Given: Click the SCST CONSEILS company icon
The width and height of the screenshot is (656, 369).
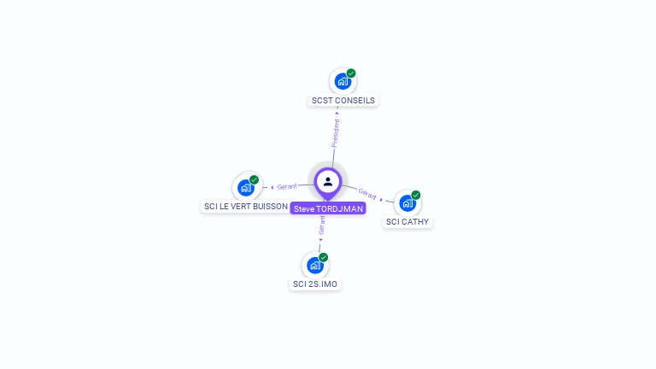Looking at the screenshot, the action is coord(343,82).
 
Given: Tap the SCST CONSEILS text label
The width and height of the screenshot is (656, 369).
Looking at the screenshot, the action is coord(343,101).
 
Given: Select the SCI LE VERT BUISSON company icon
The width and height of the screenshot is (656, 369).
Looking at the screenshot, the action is coord(246,188).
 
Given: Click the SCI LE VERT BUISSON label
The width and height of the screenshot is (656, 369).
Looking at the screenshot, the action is coord(246,207).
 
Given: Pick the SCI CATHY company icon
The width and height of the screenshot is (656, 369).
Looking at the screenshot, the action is coord(407,203).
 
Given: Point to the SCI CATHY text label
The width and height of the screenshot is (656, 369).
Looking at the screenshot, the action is coord(407,222).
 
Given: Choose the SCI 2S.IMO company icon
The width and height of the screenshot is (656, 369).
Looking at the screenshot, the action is coord(315,266).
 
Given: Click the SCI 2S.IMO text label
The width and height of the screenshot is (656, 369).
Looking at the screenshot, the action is coord(315,284).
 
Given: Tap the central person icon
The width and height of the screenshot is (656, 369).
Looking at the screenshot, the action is coord(328,181).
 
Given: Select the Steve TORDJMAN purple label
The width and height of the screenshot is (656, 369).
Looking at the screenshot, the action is coord(328,208).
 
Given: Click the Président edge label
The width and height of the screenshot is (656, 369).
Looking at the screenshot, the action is coord(336,132).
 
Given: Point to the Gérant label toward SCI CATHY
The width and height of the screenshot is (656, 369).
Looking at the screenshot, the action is coord(368,194).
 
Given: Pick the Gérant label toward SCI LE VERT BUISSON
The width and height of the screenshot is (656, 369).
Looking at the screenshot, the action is coord(286,186).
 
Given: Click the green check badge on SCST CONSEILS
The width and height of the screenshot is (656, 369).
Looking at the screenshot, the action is coord(351,73).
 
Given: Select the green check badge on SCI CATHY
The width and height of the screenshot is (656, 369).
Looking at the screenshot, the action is coord(416,195).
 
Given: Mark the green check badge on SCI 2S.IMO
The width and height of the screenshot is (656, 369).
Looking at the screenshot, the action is coord(324,257).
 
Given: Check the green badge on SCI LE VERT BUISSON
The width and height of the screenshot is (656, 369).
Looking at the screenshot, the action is coord(255,179).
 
